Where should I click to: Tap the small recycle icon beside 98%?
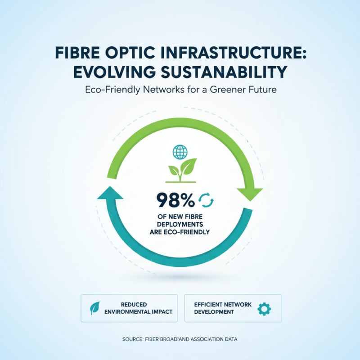pyautogui.click(x=207, y=199)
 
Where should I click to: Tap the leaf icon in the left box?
pyautogui.click(x=95, y=308)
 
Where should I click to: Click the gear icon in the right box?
pyautogui.click(x=264, y=308)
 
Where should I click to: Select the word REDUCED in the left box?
pyautogui.click(x=134, y=305)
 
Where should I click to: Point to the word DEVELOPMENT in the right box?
pyautogui.click(x=214, y=312)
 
